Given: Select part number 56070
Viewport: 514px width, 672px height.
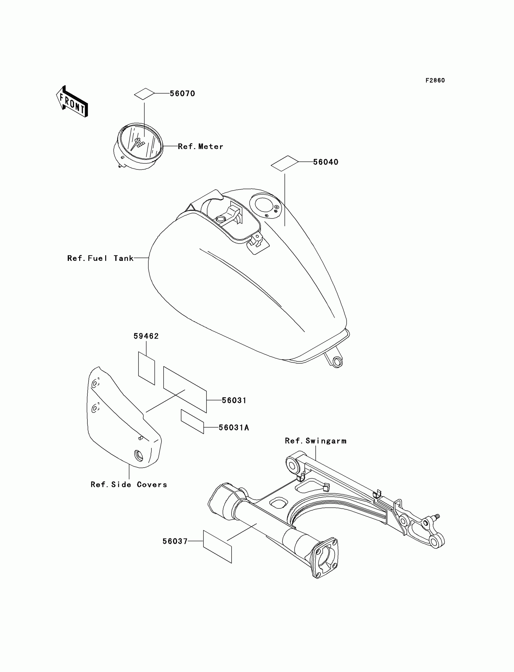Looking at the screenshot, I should [x=182, y=94].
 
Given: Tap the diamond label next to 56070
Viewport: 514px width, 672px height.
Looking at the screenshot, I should [x=145, y=94].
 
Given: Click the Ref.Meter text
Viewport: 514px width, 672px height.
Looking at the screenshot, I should [x=200, y=147].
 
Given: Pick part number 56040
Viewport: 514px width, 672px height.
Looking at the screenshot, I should [x=326, y=162].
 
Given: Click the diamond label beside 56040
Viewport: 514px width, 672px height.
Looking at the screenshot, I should [x=285, y=163].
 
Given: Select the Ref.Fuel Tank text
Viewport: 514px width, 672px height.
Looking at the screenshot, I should [x=100, y=258].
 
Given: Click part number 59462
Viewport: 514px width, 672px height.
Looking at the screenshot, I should [x=146, y=336].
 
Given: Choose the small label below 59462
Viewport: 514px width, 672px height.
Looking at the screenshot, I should [x=147, y=368].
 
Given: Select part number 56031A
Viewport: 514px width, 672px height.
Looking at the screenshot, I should [x=234, y=428].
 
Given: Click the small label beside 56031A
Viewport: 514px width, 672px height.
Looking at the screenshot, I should [x=192, y=421].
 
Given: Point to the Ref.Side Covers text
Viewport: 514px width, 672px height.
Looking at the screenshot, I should [x=129, y=485].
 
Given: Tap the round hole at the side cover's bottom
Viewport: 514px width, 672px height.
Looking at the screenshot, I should [x=138, y=456].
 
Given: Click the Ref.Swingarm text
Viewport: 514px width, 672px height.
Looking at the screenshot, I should [x=316, y=441].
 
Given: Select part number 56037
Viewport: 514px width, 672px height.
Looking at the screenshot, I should [x=175, y=541].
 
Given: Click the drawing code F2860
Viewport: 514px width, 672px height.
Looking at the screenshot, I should [x=435, y=80].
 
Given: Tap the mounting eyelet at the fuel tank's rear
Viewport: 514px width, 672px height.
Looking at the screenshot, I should [x=337, y=362].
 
